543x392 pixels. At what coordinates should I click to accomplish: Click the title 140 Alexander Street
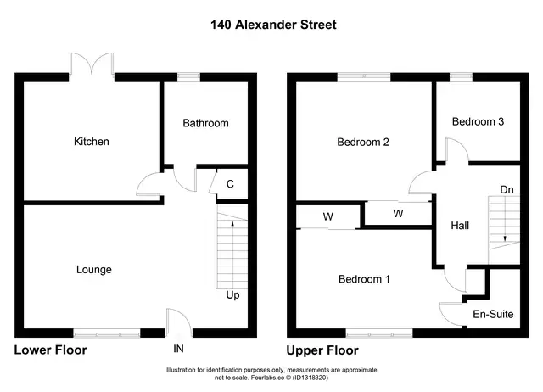click(x=273, y=25)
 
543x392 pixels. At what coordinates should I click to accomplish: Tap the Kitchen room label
click(x=92, y=142)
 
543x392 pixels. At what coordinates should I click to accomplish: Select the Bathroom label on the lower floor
click(x=205, y=123)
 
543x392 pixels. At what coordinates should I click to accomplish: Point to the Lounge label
click(x=94, y=270)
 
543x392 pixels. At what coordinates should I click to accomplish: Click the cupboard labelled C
click(x=230, y=184)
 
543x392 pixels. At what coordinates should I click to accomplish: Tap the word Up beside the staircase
click(x=232, y=295)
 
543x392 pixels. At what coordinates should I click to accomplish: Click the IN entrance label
click(x=178, y=349)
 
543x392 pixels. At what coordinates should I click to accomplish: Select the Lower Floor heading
click(x=50, y=350)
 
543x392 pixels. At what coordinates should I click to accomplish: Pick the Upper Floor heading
click(x=322, y=350)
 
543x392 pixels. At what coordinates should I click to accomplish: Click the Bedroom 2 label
click(x=363, y=142)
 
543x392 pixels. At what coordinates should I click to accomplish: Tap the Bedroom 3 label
click(x=478, y=121)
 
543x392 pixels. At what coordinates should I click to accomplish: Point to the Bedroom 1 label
click(x=364, y=279)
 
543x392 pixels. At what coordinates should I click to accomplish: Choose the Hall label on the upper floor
click(x=460, y=226)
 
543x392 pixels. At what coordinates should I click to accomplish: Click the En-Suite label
click(x=493, y=314)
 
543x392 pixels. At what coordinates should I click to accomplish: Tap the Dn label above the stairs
click(x=507, y=190)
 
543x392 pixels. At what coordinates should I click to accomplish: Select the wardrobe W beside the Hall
click(x=398, y=213)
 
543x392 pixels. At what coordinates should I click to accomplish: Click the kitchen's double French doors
click(x=92, y=64)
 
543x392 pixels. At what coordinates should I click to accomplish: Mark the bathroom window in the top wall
click(x=188, y=77)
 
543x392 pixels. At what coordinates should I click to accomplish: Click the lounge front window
click(x=107, y=333)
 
